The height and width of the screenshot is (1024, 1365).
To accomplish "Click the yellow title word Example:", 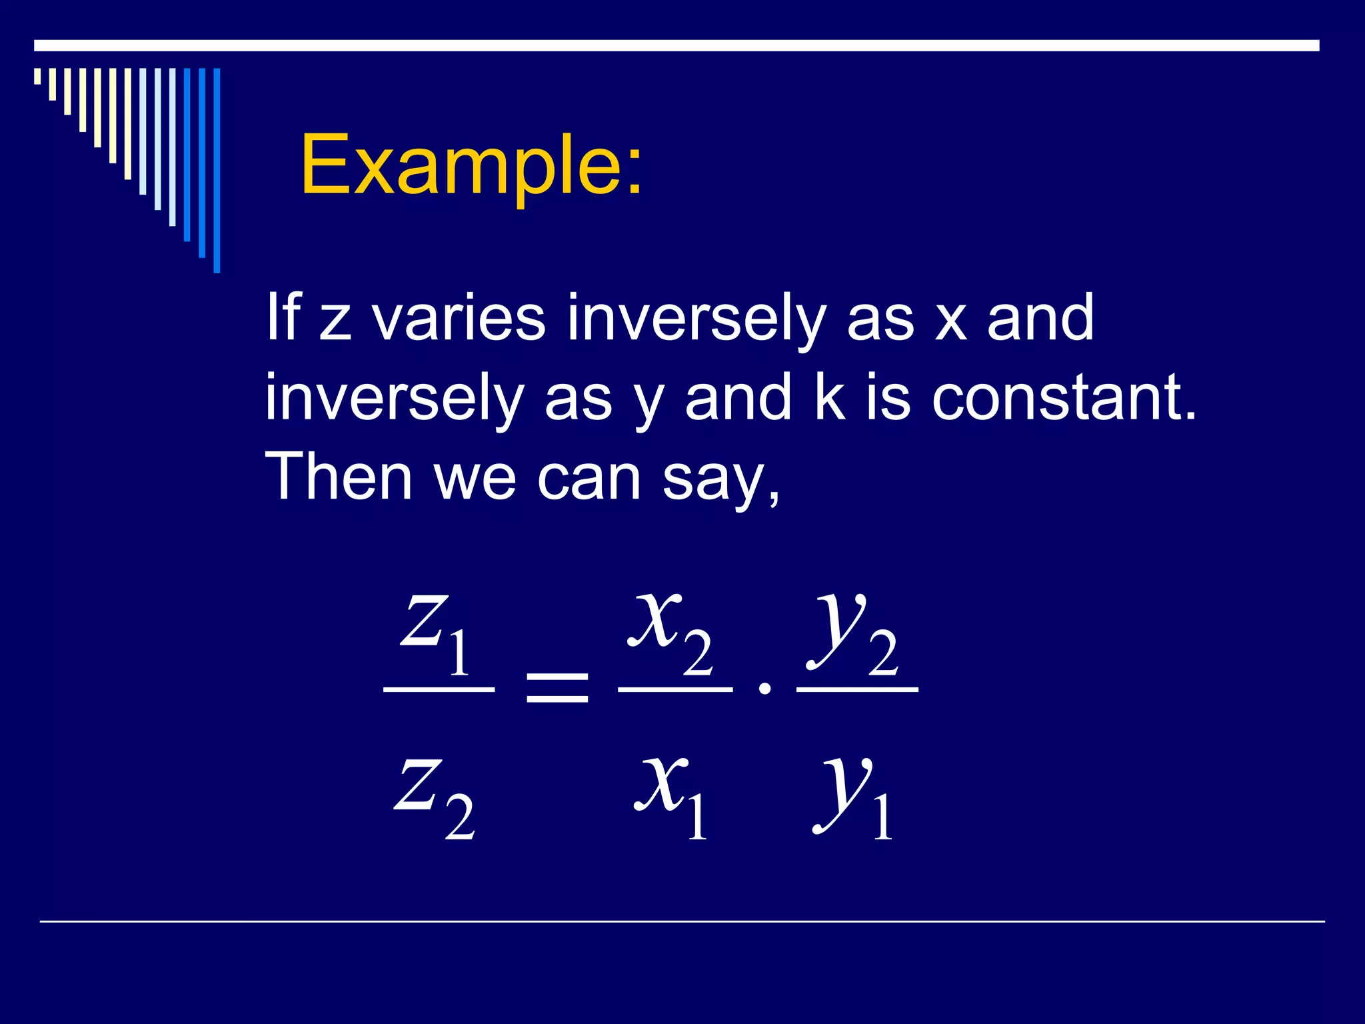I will click(471, 165).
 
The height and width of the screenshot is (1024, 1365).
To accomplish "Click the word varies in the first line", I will click(459, 319).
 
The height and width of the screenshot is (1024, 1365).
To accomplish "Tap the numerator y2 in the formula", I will click(854, 633).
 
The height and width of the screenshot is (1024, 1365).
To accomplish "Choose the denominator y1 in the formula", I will click(854, 797).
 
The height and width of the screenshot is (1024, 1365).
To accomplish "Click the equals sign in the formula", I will click(557, 688).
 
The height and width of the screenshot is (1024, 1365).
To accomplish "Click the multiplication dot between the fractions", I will click(765, 688).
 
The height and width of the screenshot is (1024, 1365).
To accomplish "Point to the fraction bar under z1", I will click(439, 689).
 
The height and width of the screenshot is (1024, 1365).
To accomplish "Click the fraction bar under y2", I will click(857, 689).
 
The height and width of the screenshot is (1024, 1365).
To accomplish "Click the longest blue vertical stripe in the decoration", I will click(217, 170).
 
